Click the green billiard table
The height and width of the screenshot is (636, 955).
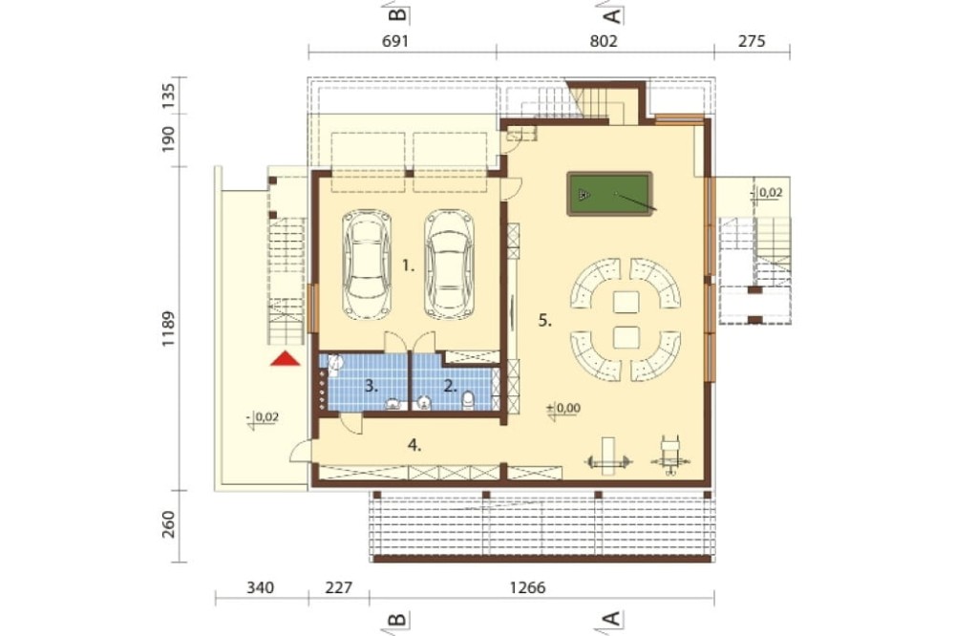point(609,194)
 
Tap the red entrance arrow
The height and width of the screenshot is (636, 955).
point(286,359)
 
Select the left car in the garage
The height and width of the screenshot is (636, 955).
point(367,265)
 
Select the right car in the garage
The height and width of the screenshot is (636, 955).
point(450,265)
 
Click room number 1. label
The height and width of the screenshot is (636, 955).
point(408,265)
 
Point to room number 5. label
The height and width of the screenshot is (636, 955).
point(545,321)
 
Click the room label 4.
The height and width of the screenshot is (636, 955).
point(414,445)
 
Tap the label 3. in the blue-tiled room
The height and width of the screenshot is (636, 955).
point(371,386)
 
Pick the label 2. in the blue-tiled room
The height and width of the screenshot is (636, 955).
point(451,386)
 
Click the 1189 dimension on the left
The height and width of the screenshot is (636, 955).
point(168,329)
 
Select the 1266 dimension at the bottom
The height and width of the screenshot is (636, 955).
point(527,588)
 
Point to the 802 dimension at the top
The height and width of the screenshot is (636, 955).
point(604,41)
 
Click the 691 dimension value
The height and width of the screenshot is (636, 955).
point(394,41)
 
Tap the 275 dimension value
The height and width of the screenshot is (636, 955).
point(752,41)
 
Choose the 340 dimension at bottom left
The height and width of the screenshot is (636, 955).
point(260,588)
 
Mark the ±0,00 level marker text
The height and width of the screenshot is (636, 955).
point(564,408)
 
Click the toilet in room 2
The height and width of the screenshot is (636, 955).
point(468,400)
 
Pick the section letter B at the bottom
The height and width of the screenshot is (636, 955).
point(397,620)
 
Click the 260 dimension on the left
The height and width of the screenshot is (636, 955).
point(168,524)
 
